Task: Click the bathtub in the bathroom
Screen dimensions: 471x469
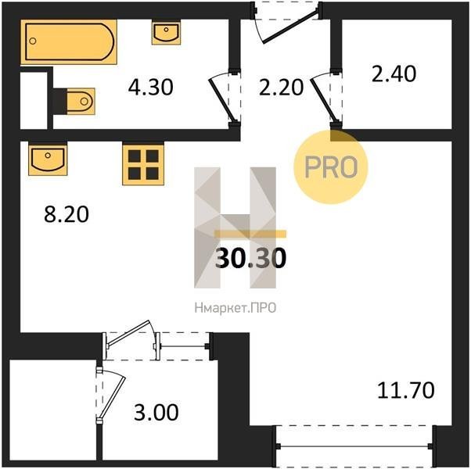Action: point(69,42)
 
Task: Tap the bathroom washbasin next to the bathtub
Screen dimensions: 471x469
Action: point(166,32)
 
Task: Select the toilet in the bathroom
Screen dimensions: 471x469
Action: point(81,102)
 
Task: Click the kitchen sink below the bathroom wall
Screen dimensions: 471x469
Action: point(48,159)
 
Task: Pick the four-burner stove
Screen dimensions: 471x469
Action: point(143,164)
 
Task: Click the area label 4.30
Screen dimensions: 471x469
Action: point(150,88)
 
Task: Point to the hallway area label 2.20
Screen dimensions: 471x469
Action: point(281,88)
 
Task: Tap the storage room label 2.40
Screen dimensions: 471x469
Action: point(394,73)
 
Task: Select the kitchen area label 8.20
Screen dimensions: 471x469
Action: point(67,214)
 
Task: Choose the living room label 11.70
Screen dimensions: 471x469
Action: point(405,390)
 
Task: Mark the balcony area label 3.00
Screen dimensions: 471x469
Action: point(156,412)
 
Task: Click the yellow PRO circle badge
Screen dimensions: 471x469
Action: point(331,167)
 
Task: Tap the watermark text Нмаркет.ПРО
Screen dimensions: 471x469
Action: point(235,308)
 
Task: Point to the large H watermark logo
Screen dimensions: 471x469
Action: point(235,227)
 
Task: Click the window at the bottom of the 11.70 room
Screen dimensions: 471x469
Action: point(354,446)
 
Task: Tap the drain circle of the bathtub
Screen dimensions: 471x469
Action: point(33,41)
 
